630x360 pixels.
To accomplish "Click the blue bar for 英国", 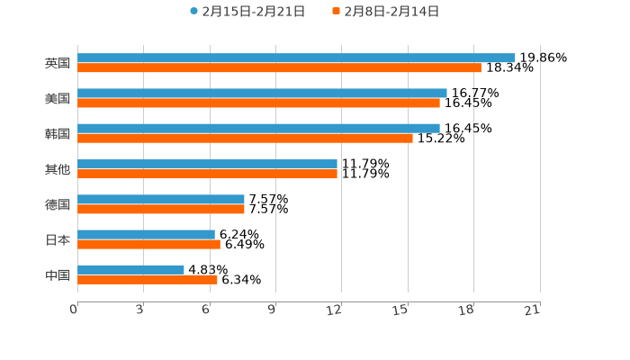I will pos(296,58).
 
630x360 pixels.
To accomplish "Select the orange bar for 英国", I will pos(279,67).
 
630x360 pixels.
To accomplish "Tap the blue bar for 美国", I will pos(262,93).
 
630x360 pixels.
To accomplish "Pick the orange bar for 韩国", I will pos(245,138).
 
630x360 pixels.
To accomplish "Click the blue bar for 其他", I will pos(207,164).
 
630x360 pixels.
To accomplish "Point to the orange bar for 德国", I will pos(161,209).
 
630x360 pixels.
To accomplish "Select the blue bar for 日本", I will pos(146,234).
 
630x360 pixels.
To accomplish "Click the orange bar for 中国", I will pos(148,279).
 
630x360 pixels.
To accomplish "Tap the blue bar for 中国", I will pos(130,269).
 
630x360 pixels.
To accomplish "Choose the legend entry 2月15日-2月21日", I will pos(247,12).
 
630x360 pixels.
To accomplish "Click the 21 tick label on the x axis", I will pos(533,310).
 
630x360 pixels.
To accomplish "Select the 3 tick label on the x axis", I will pos(139,310).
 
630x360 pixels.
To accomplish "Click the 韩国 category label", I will pos(57,133).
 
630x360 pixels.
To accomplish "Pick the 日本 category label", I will pos(57,239).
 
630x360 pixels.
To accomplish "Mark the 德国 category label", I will pos(57,204).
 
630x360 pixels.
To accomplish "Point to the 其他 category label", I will pos(57,168).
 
